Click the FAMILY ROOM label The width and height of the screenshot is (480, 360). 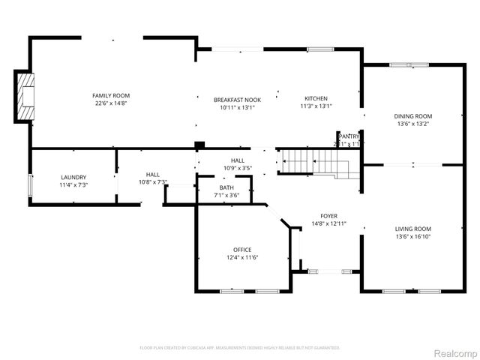point(111,95)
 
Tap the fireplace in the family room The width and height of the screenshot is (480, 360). point(25,95)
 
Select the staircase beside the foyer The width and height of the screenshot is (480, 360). point(307,160)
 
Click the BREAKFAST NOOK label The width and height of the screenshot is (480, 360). point(237,99)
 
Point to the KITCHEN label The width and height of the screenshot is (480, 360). point(316,99)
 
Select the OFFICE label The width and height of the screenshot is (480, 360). point(242,250)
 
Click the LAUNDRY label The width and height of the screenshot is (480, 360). point(73,177)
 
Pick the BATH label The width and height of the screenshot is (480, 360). point(226,187)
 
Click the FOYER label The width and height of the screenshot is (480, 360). point(329,215)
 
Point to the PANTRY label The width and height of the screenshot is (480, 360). point(347,136)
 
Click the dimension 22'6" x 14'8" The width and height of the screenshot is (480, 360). point(111,103)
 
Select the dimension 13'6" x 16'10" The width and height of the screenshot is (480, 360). point(413,236)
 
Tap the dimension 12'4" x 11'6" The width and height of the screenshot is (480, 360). point(242,257)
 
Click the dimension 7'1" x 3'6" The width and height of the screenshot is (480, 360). point(226,195)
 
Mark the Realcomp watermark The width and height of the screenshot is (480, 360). point(456,352)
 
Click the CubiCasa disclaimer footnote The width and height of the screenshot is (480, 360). point(240,347)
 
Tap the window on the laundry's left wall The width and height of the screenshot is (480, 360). point(30,184)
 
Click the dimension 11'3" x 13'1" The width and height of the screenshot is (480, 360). point(316,106)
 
